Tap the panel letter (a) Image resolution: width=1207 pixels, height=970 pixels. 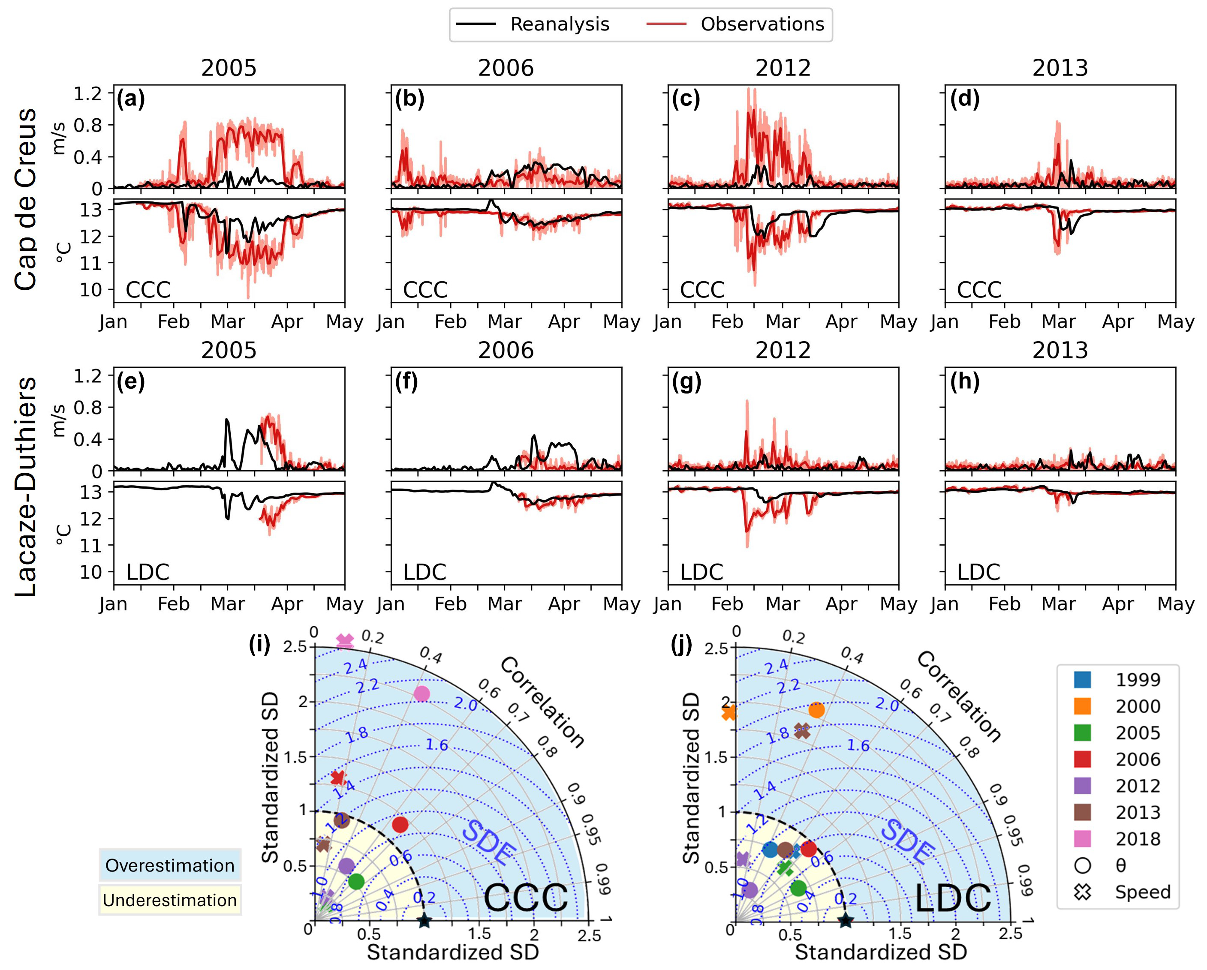pos(130,99)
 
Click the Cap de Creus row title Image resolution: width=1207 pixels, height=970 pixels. pos(26,199)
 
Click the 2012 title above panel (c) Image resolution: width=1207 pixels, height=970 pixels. pos(783,68)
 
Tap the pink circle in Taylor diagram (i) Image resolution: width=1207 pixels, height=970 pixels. pos(422,694)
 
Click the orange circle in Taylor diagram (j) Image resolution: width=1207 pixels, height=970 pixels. pos(816,710)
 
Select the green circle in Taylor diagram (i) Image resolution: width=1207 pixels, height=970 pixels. pos(356,882)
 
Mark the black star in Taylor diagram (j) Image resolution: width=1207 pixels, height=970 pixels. pos(846,920)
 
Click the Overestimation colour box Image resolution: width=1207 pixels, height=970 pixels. pos(170,865)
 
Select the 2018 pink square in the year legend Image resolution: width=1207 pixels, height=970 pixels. pos(1082,839)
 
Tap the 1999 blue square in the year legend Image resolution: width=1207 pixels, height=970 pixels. pos(1082,679)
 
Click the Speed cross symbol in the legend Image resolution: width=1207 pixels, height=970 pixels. pos(1083,892)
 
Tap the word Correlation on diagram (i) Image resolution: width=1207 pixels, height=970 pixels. pos(542,702)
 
